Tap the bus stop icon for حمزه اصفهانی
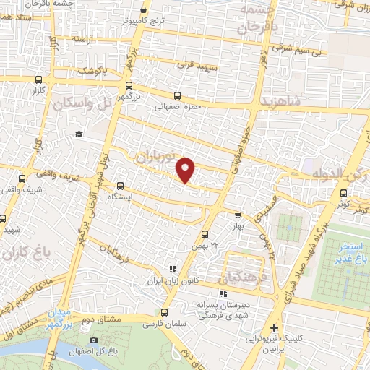(x=176, y=95)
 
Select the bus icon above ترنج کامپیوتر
(x=145, y=10)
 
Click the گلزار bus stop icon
(x=38, y=81)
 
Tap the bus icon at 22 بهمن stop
(x=205, y=234)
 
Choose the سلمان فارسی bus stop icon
(x=165, y=313)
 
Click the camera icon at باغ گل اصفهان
(x=93, y=340)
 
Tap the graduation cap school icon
(x=78, y=134)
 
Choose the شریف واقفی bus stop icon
(x=22, y=178)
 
